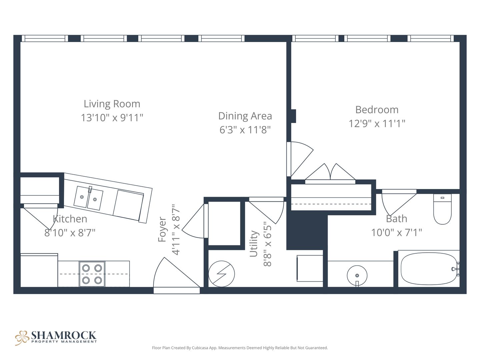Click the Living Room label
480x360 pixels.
(x=112, y=104)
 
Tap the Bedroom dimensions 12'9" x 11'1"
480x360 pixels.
(x=377, y=123)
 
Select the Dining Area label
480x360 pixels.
(x=245, y=116)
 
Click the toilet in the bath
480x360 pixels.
(x=442, y=209)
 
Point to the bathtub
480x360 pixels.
(x=429, y=269)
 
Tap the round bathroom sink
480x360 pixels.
(x=357, y=275)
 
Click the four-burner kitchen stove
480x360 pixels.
(x=92, y=274)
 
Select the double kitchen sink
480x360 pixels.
(x=88, y=198)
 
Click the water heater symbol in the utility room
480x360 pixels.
(x=222, y=274)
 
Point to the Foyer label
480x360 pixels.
(x=162, y=229)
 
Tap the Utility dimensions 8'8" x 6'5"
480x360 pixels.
(x=267, y=244)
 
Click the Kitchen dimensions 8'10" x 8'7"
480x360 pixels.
(x=70, y=233)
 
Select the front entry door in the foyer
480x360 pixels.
(x=177, y=275)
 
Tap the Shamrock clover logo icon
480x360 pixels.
(x=22, y=338)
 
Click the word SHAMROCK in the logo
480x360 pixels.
(x=64, y=335)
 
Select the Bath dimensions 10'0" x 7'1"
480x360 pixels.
(x=396, y=233)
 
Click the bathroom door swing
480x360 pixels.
(x=399, y=202)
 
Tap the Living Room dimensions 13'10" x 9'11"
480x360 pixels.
(x=112, y=118)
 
